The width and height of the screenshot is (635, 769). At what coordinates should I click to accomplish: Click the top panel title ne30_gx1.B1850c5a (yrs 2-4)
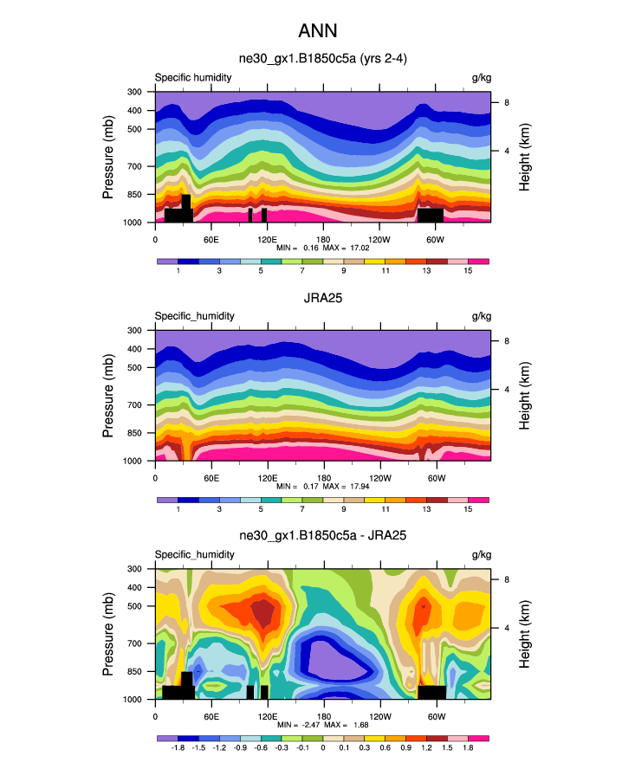point(322,60)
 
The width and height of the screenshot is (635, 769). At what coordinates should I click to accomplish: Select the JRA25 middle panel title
point(322,299)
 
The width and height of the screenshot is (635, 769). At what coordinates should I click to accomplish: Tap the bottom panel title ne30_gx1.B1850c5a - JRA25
point(322,537)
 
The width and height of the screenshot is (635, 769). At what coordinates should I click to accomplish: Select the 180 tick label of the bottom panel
point(322,715)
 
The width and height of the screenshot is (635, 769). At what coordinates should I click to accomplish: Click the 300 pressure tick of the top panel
point(134,92)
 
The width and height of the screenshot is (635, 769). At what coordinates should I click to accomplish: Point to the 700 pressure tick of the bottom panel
point(134,643)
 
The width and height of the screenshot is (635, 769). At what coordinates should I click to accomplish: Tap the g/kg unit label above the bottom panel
point(480,554)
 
